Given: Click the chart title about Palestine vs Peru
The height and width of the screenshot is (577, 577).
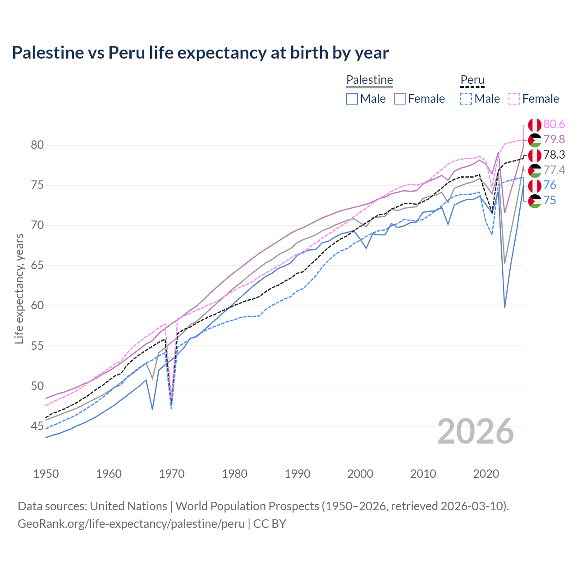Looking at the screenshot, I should click(200, 53).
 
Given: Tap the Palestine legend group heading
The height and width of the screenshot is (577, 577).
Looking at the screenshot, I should click(369, 80).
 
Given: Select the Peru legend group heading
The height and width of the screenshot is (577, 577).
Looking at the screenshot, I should click(472, 80).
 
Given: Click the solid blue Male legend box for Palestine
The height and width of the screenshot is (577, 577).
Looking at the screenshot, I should click(352, 99).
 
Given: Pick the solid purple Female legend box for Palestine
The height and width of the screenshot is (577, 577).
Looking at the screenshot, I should click(400, 99).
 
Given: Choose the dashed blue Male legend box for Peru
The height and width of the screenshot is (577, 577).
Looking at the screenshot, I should click(466, 99).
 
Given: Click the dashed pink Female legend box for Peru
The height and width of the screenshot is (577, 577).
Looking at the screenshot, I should click(514, 99).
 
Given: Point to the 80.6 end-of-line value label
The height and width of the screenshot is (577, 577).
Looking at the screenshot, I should click(554, 124).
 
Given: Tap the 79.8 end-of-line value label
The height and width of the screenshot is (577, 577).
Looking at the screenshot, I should click(554, 140).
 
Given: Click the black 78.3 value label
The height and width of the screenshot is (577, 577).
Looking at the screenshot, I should click(554, 155).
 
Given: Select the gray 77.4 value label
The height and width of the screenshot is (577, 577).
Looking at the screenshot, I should click(554, 170).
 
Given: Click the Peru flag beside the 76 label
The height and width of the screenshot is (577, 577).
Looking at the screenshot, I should click(535, 186).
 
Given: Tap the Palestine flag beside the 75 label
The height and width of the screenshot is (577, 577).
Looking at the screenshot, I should click(535, 201).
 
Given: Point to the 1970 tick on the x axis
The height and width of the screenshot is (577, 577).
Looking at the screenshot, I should click(172, 474).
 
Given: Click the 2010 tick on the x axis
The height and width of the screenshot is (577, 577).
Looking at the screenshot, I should click(423, 474).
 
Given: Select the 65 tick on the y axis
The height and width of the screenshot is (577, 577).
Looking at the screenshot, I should click(37, 266).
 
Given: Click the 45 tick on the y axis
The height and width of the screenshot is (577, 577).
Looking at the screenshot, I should click(37, 426).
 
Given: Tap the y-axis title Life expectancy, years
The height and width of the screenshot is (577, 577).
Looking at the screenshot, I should click(19, 288).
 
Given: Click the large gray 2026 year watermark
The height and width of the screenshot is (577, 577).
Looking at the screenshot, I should click(476, 431).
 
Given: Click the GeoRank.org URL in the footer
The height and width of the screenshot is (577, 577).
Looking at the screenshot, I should click(131, 524).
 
